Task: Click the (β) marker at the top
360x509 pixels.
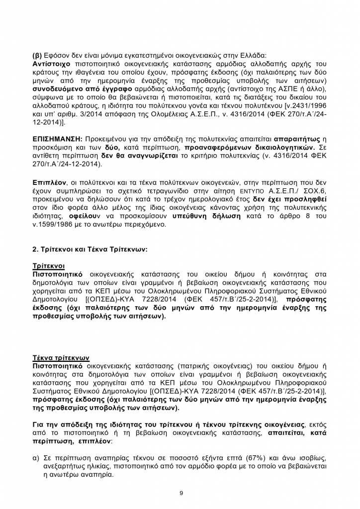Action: click(x=37, y=56)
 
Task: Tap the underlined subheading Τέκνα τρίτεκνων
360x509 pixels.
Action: click(x=61, y=357)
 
